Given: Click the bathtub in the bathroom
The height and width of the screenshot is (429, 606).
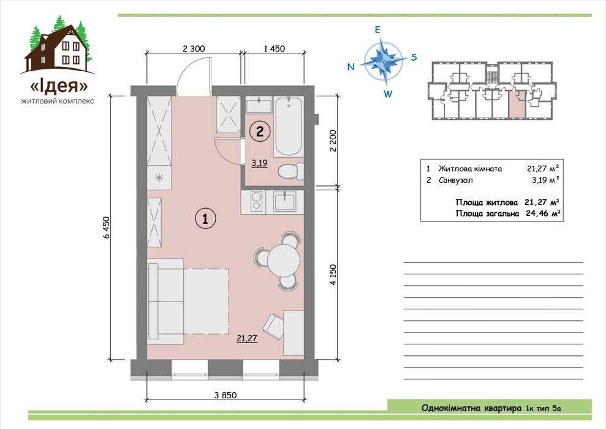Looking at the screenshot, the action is (x=289, y=126).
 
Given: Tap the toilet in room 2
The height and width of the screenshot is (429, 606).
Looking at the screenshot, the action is (x=290, y=171).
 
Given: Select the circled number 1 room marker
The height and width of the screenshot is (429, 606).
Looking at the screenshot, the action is (x=205, y=218).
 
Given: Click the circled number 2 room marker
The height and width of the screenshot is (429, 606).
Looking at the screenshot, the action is (x=260, y=131).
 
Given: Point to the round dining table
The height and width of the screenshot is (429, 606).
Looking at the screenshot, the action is (x=284, y=260).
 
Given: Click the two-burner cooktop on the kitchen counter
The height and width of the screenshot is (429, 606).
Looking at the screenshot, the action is (x=256, y=201).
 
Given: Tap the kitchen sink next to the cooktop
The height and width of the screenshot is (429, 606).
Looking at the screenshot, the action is (x=284, y=201).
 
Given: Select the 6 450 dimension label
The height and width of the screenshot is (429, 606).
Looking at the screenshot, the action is (x=107, y=227).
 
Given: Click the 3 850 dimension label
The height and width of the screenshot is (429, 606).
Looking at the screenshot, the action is (x=225, y=395).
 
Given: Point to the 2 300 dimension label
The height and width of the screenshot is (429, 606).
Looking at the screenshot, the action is (x=194, y=48).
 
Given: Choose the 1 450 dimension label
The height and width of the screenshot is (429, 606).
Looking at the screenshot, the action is (x=274, y=48).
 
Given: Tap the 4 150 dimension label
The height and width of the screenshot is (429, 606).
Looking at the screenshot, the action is (x=333, y=275).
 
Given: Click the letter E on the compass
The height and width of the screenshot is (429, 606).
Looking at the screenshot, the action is (x=377, y=30).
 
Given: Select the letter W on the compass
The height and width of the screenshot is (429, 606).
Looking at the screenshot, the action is (x=388, y=93).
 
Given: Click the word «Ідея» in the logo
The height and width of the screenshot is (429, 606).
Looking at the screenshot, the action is (x=59, y=86).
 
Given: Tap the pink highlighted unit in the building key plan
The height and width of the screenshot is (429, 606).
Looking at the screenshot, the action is (x=517, y=104).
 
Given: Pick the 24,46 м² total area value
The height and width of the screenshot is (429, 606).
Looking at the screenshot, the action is (x=543, y=214).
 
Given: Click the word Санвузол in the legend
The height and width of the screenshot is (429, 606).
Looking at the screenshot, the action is (x=456, y=180).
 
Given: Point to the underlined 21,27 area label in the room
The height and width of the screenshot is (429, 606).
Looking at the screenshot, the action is (x=247, y=338).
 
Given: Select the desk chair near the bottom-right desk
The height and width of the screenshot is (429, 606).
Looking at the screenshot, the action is (x=273, y=327).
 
